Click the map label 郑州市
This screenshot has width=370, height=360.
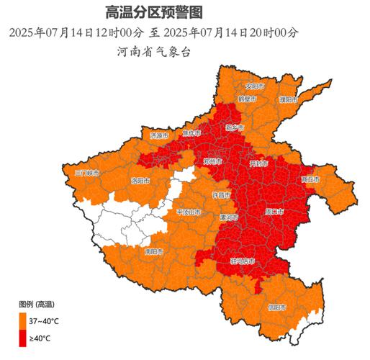pyautogui.click(x=212, y=162)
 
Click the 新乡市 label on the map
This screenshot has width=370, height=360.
pyautogui.click(x=235, y=127)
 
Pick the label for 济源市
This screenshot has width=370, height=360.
pyautogui.click(x=159, y=135)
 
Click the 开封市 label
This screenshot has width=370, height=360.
pyautogui.click(x=258, y=164)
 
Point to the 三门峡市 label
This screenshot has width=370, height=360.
pyautogui.click(x=89, y=173)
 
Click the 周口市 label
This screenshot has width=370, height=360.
pyautogui.click(x=275, y=212)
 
